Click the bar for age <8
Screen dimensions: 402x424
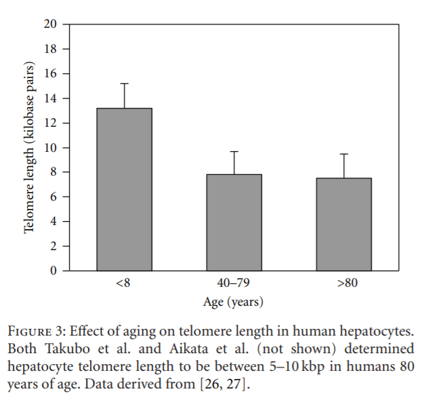pyautogui.click(x=124, y=190)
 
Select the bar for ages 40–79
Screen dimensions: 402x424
pyautogui.click(x=234, y=222)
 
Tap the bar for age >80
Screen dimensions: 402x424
pyautogui.click(x=343, y=224)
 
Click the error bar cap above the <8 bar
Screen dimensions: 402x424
pyautogui.click(x=124, y=83)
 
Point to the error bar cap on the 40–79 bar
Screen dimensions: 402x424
pyautogui.click(x=234, y=151)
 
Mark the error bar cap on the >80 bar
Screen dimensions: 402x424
pyautogui.click(x=343, y=155)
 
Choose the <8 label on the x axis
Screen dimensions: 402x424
pyautogui.click(x=123, y=283)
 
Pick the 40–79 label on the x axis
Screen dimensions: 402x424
pyautogui.click(x=234, y=283)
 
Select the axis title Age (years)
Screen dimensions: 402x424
pyautogui.click(x=234, y=302)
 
